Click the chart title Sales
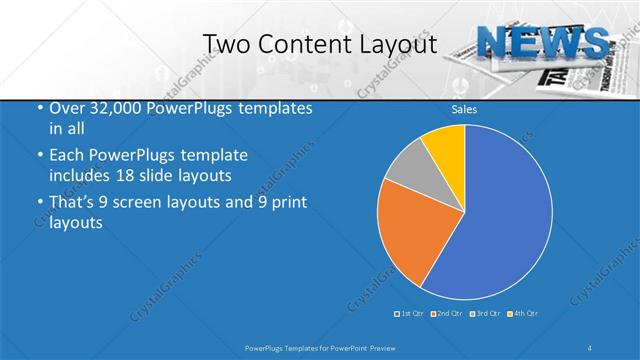(x=464, y=109)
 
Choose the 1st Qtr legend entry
(x=409, y=314)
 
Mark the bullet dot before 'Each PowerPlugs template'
(x=39, y=157)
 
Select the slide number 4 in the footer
(x=592, y=347)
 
